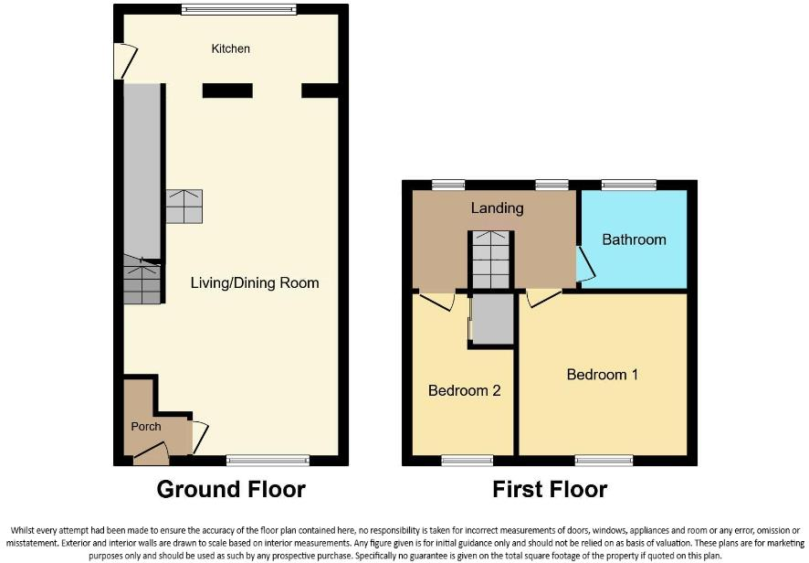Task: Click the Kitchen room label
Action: [x=230, y=48]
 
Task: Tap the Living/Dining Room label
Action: [x=255, y=282]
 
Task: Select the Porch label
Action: [x=146, y=426]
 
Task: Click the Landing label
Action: [x=497, y=208]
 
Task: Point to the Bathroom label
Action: [x=634, y=239]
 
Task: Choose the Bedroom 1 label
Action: [x=603, y=375]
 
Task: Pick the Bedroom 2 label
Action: [x=465, y=390]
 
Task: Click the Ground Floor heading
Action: [x=231, y=489]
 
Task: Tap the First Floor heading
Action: [x=550, y=489]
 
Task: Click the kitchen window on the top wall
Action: [x=238, y=10]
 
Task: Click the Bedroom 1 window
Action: [x=604, y=460]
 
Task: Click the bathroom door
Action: [x=584, y=264]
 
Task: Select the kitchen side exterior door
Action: [x=120, y=62]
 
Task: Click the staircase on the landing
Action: [x=491, y=260]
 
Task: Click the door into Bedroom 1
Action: [x=543, y=297]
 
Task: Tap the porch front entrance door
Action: [x=152, y=451]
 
